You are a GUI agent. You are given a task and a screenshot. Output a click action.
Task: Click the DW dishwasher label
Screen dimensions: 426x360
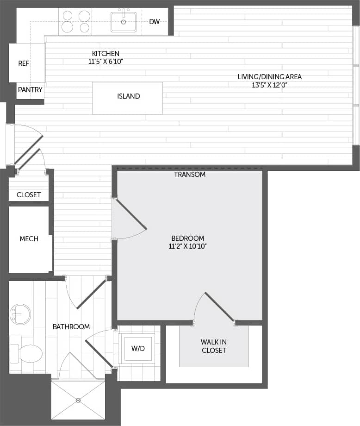155,21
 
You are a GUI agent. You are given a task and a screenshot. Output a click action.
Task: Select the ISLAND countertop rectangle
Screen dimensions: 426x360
128,98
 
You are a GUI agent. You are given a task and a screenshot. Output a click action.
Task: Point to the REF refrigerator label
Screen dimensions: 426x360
24,63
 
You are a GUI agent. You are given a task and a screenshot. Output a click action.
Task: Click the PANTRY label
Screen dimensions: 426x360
30,90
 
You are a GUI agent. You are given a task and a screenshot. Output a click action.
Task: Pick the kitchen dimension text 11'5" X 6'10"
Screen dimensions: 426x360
106,61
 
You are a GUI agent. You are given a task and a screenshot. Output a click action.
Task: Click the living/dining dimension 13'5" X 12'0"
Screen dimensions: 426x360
270,85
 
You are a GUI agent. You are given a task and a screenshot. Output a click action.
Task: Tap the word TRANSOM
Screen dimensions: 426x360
190,175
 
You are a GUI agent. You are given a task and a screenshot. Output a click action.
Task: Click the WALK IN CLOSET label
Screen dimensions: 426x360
214,346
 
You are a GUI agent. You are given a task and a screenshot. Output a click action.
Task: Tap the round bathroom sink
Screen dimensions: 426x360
20,314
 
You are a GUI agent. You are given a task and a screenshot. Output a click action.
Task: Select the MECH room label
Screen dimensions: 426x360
29,239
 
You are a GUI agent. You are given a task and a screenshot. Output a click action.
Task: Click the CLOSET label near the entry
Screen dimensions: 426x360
29,195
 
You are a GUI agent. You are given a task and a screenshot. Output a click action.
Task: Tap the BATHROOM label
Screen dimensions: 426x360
71,327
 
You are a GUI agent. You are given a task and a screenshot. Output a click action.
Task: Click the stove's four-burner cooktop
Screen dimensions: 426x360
75,22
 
